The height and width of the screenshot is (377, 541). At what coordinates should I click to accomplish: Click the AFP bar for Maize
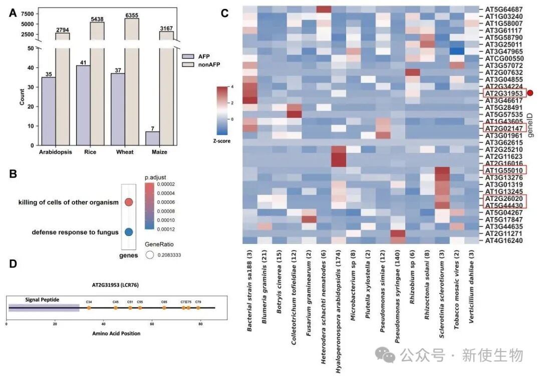[x=153, y=138]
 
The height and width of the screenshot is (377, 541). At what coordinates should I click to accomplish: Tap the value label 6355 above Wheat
[x=132, y=15]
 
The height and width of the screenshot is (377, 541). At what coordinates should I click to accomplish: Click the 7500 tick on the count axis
[x=28, y=13]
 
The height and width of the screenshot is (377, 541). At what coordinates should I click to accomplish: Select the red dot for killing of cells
[x=128, y=202]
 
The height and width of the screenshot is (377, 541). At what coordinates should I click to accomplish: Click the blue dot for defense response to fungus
[x=128, y=232]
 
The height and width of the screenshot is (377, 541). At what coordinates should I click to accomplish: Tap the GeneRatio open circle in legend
[x=149, y=255]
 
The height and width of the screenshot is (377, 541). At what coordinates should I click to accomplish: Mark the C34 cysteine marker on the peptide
[x=89, y=308]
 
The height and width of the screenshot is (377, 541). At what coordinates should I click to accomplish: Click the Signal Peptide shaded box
[x=43, y=307]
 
